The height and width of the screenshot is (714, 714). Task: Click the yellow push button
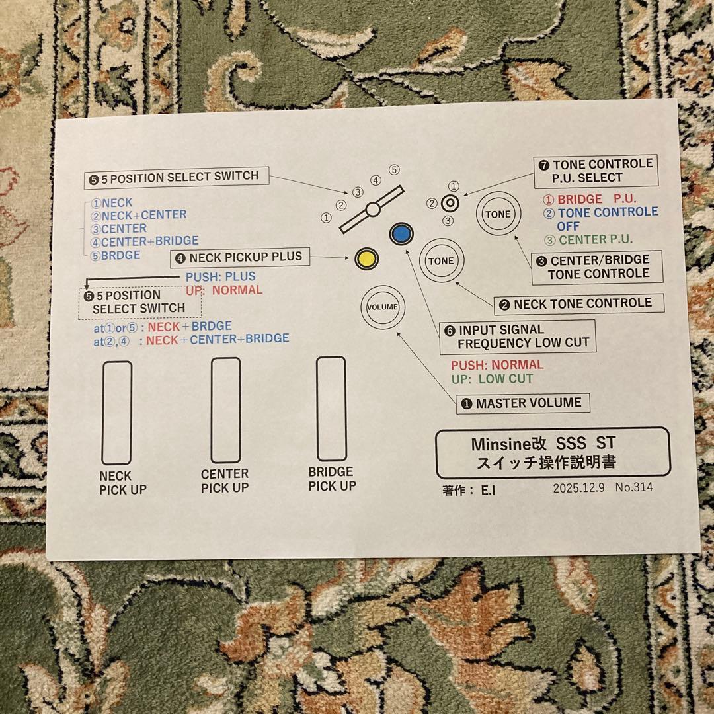366,258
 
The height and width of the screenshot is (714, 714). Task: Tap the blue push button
401,233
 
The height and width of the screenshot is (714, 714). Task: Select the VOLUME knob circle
382,307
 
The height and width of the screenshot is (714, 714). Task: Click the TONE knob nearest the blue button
441,261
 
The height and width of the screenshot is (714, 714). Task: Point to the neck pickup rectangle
116,413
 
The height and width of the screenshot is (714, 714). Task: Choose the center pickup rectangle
225,410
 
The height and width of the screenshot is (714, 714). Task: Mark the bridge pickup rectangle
331,409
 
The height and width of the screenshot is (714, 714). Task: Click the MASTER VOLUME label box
522,403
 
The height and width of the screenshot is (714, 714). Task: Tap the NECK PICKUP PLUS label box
240,257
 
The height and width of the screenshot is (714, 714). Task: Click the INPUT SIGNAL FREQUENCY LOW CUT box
517,337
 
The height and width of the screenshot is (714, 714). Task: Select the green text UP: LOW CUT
492,379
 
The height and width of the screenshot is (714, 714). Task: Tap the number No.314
634,488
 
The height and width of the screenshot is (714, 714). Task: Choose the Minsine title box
552,453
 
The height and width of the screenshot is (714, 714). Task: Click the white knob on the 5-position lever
373,210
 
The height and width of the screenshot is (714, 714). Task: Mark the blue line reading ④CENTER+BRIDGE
145,241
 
